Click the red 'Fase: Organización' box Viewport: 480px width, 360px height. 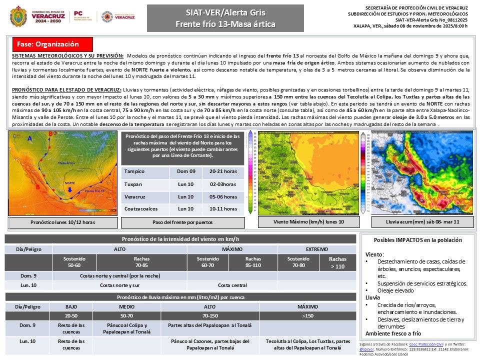click(52, 44)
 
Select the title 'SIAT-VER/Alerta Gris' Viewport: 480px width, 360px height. click(225, 12)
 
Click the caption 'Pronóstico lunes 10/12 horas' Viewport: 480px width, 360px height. click(63, 222)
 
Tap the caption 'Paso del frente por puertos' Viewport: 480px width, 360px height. click(182, 222)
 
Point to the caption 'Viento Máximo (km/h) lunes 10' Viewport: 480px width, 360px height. click(308, 221)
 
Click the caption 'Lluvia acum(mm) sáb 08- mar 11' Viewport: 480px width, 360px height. click(422, 221)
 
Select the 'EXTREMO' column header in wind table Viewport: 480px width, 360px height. click(317, 249)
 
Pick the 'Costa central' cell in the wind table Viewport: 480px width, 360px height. click(232, 285)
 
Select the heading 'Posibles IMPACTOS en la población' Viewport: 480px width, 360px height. click(418, 240)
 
